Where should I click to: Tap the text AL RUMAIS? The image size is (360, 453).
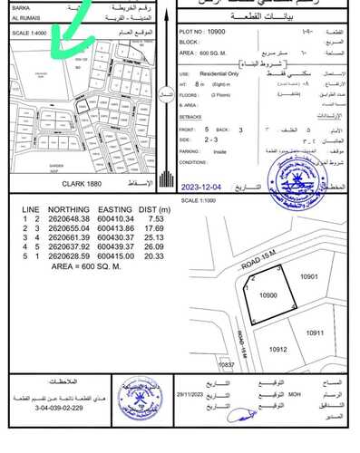coord(24,20)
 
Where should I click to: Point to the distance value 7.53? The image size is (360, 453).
coord(153,218)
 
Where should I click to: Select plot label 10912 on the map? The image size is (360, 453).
coord(277,349)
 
